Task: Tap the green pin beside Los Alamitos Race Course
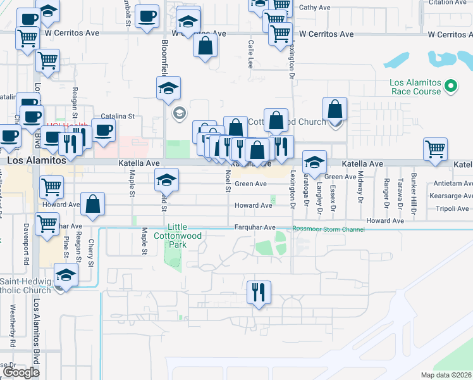point(451,85)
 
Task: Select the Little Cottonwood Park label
point(176,232)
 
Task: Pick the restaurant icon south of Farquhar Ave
point(257,292)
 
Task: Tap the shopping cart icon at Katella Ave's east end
point(436,150)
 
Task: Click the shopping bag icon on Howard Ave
point(92,204)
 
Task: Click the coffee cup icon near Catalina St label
point(104,130)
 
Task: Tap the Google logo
point(21,372)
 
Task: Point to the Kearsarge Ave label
point(450,196)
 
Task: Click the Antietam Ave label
point(452,184)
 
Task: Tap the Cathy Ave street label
point(314,8)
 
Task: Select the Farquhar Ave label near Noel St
point(255,227)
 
